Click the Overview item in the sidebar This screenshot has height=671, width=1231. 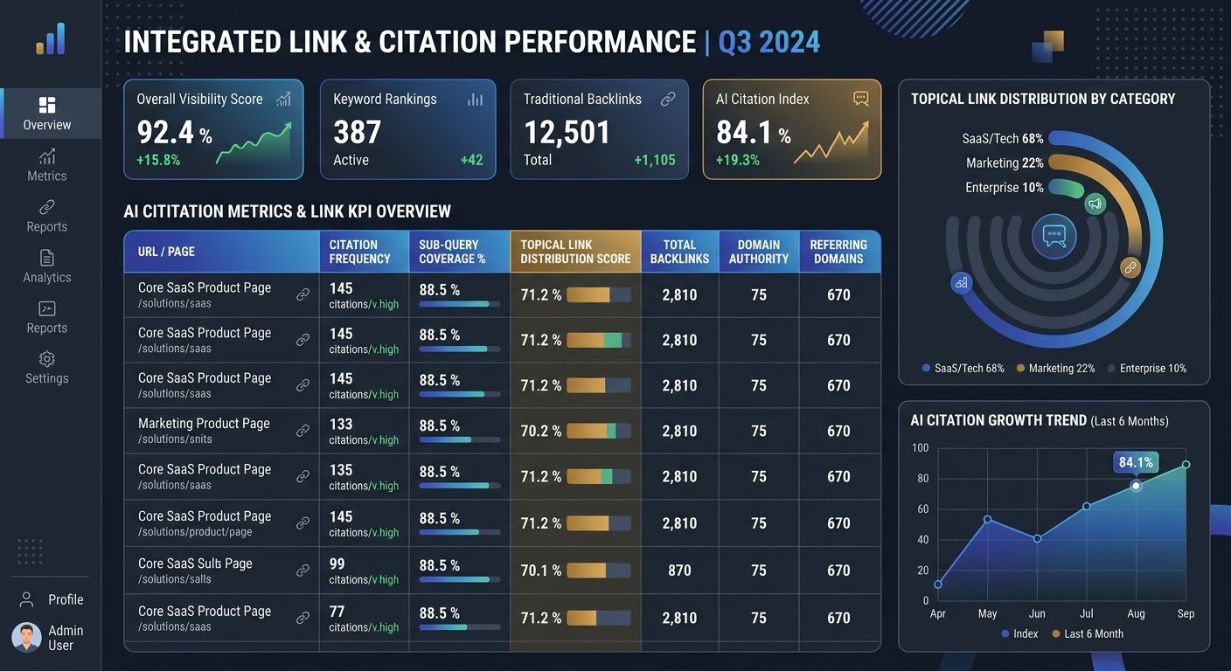(47, 114)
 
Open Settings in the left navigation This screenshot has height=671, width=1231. (47, 368)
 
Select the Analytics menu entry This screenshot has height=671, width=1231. (47, 266)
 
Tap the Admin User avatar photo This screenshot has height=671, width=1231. (26, 638)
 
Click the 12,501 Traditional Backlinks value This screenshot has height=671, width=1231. (567, 132)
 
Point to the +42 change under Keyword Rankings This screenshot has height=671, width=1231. (471, 160)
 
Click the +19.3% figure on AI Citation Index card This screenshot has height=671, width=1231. (737, 160)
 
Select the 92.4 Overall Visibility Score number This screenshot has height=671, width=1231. (166, 132)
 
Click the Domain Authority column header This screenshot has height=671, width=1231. (758, 252)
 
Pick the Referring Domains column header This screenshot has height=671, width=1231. (838, 252)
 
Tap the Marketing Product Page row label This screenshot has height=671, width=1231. (204, 424)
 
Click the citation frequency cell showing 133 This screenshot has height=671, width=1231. (341, 424)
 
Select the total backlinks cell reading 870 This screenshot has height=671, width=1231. (679, 571)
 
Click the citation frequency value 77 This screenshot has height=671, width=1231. (341, 611)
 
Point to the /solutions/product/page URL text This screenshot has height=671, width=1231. (195, 532)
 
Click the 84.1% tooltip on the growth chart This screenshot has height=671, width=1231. (1136, 462)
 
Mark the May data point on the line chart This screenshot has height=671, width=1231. (987, 520)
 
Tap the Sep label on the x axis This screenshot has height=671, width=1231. (1186, 613)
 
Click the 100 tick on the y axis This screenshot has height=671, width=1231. (920, 448)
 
